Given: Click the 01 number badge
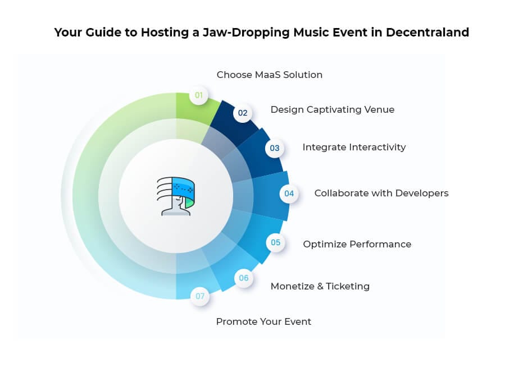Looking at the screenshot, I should [x=199, y=95].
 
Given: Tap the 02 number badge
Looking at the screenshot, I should [x=243, y=113].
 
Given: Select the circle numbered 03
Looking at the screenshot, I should [x=275, y=148].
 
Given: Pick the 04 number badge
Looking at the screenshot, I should [x=289, y=194].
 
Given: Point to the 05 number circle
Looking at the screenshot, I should [x=275, y=243].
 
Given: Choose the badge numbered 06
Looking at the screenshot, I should [x=244, y=278].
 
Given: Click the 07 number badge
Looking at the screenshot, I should [x=200, y=296].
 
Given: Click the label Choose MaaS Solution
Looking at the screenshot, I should [x=270, y=75].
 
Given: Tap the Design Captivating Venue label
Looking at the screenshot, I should [x=333, y=109].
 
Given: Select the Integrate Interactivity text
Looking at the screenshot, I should [x=354, y=147].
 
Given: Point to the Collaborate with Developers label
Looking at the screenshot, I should [x=381, y=193].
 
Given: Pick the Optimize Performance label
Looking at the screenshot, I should [x=357, y=244].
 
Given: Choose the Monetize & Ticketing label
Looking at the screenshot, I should [x=320, y=286].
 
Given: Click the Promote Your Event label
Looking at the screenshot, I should [x=263, y=321].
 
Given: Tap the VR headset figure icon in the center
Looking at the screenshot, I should [x=175, y=196].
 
